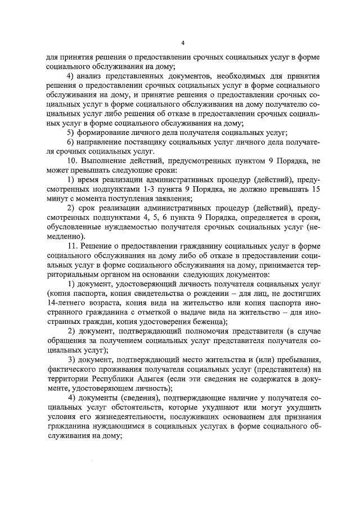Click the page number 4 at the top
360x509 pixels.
[x=183, y=43]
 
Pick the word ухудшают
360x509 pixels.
[x=217, y=408]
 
